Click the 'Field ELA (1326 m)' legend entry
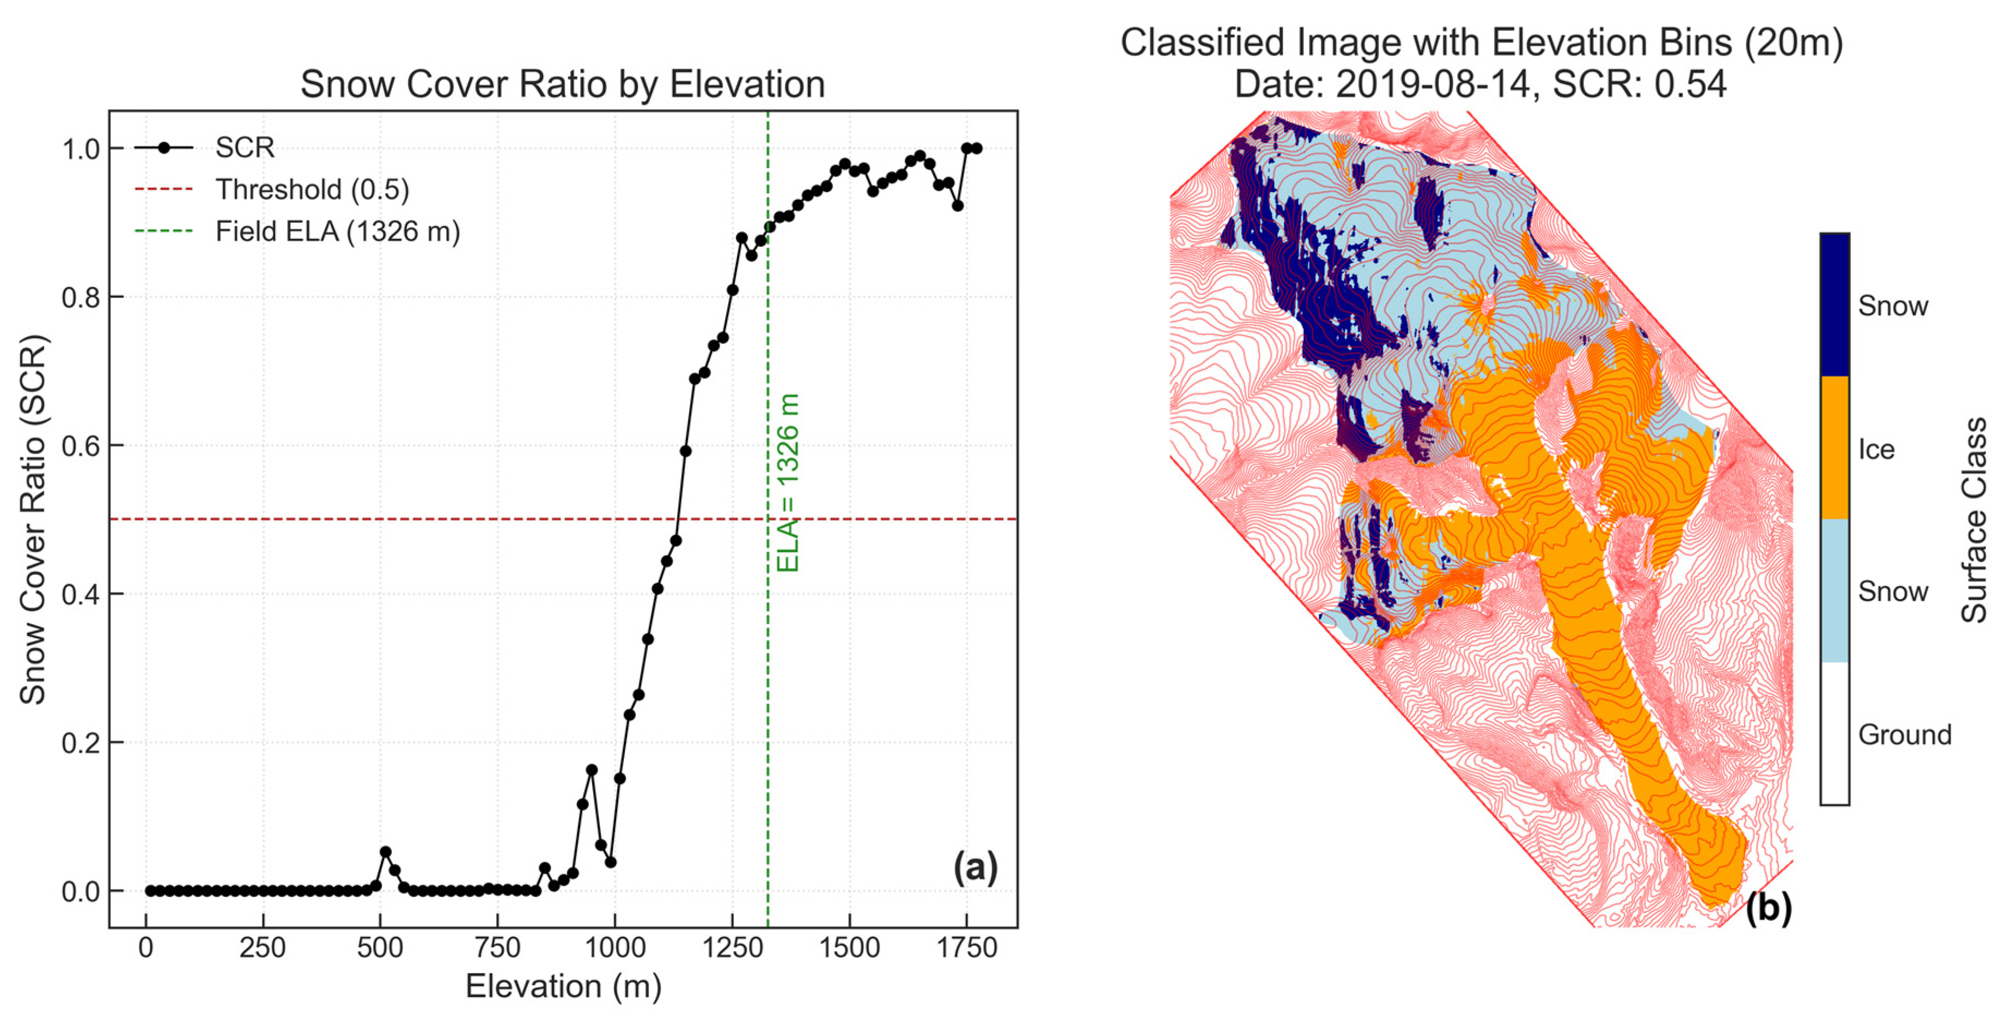coord(337,232)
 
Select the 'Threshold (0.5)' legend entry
coord(312,189)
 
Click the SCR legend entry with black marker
coord(245,148)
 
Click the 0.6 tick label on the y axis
coord(81,446)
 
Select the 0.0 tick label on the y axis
coord(81,891)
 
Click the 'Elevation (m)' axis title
coord(563,987)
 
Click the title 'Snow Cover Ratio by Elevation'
coord(562,84)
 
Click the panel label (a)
coord(975,867)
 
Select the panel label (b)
coord(1768,907)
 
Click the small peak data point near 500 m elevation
coord(385,852)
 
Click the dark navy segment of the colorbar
coord(1834,304)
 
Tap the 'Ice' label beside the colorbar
coord(1876,450)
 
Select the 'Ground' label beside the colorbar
coord(1904,735)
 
